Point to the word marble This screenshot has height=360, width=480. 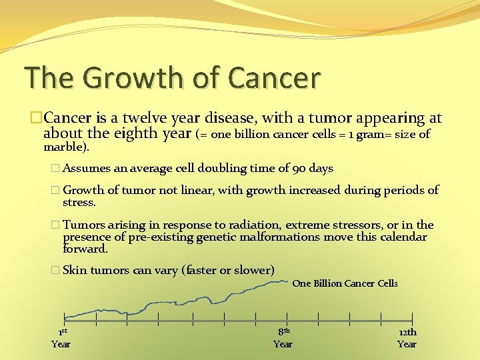[x=64, y=146]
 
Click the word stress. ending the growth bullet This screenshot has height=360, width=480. [x=79, y=202]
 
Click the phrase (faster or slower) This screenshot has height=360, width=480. [x=228, y=270]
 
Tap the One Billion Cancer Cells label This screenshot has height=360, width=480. [x=345, y=283]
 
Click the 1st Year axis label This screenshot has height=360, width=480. [x=61, y=337]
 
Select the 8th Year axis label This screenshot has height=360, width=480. [x=283, y=337]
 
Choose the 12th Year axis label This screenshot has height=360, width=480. [x=407, y=338]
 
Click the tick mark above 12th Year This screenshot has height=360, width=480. [x=413, y=319]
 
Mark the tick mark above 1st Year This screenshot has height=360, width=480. [x=65, y=319]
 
